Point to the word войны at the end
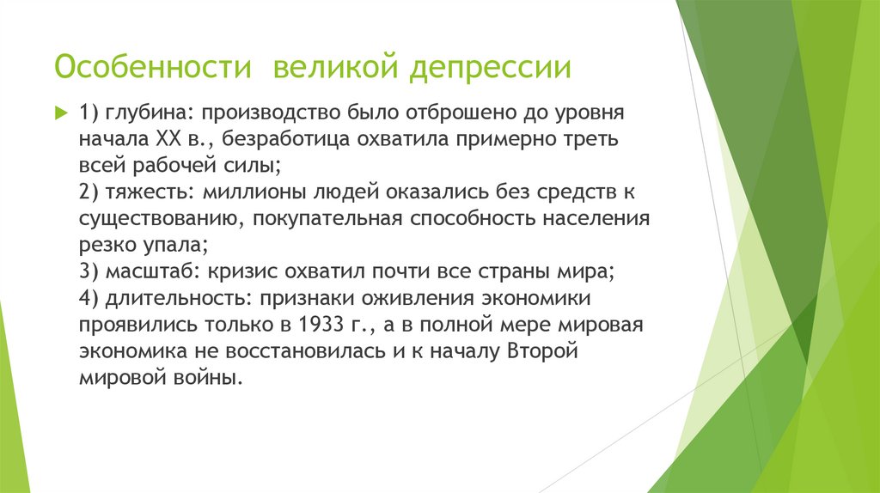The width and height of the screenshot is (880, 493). click(x=205, y=378)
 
